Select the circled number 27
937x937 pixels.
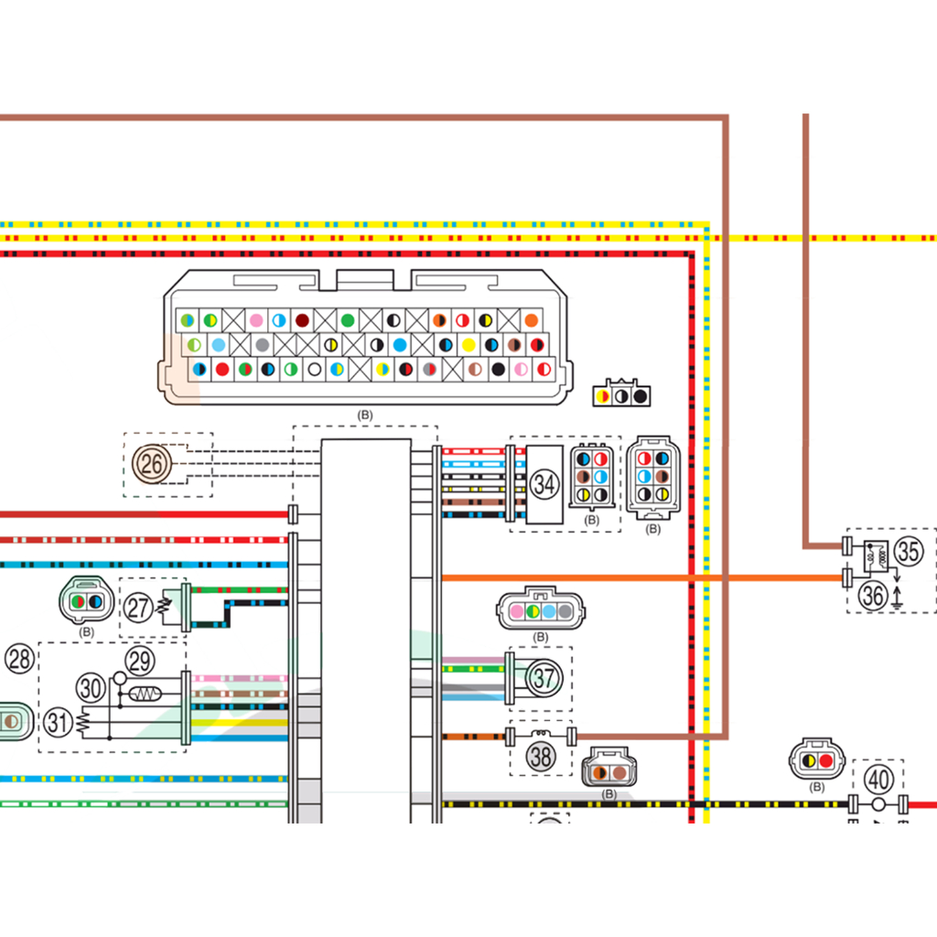coord(139,608)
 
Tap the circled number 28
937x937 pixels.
coord(20,658)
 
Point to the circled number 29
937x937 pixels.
coord(140,661)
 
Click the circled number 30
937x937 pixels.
coord(92,687)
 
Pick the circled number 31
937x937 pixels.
coord(59,723)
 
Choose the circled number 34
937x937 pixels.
coord(544,485)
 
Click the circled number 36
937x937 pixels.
coord(874,596)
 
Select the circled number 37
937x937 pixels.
coord(544,678)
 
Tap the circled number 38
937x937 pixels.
coord(541,757)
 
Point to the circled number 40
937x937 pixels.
coord(878,780)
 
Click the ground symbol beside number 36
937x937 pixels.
coord(899,599)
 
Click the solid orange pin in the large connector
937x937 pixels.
coord(532,321)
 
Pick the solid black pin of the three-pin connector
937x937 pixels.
coord(641,396)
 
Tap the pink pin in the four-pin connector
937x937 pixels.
coord(516,611)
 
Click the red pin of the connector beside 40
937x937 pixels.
coord(826,760)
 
